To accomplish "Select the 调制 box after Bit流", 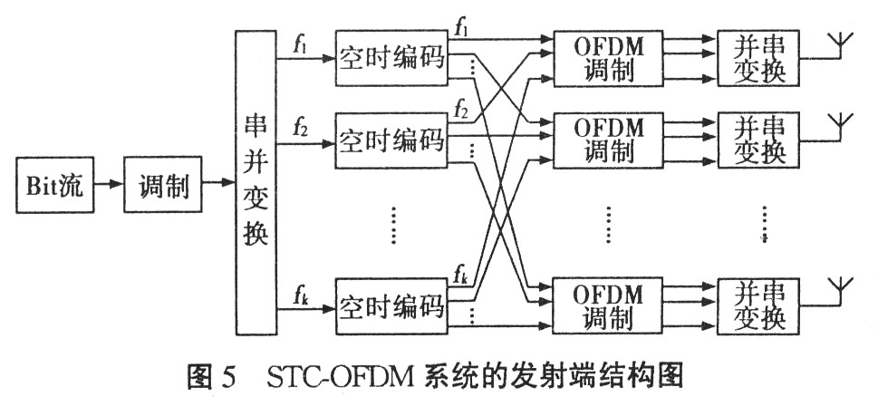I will point(164,188).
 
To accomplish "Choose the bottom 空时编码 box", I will point(392,306).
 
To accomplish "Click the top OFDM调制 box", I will point(609,58).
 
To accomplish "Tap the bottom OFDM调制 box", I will point(609,305).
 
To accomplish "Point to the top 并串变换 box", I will point(759,58).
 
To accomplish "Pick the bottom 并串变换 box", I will point(759,305).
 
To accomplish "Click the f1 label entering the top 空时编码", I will point(301,43).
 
